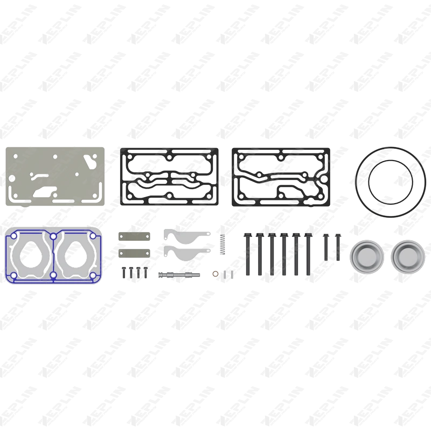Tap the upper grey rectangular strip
pos(134,235)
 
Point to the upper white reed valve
pos(186,235)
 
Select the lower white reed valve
pos(186,252)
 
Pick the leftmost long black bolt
pos(248,253)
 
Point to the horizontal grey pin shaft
pos(178,275)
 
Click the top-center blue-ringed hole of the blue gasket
pos(53,237)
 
